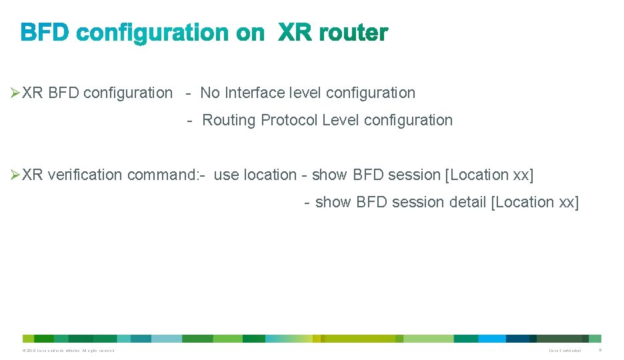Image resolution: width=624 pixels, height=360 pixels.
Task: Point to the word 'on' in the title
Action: pyautogui.click(x=250, y=33)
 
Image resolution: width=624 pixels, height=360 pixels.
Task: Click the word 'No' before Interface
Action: pyautogui.click(x=210, y=93)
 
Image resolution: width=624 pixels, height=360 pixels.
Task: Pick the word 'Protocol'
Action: pyautogui.click(x=289, y=120)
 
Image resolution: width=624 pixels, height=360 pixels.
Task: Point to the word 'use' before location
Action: pyautogui.click(x=226, y=175)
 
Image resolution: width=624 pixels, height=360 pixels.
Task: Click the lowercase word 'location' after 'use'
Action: pyautogui.click(x=270, y=175)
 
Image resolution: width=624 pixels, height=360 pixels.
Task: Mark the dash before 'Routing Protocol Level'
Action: pyautogui.click(x=190, y=121)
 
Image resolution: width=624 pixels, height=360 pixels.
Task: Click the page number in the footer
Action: pyautogui.click(x=599, y=350)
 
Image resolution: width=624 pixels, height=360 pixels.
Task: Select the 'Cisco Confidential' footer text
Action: pyautogui.click(x=564, y=351)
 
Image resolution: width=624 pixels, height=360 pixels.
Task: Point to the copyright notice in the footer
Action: pyautogui.click(x=68, y=351)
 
